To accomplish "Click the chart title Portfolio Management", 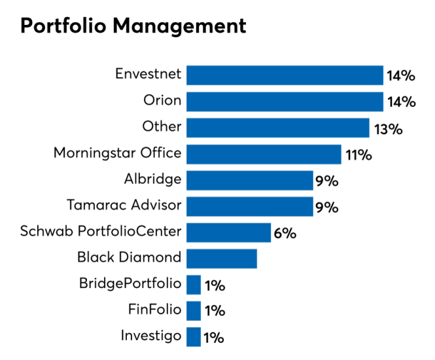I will pyautogui.click(x=133, y=26).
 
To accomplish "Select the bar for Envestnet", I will pyautogui.click(x=285, y=75).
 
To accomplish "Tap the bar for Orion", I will pyautogui.click(x=285, y=101).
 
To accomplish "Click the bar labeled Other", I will pyautogui.click(x=278, y=128).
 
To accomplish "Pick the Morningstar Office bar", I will pyautogui.click(x=264, y=154).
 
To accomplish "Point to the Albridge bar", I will pyautogui.click(x=250, y=180).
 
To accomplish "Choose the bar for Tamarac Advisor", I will pyautogui.click(x=250, y=206).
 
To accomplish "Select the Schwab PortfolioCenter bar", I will pyautogui.click(x=228, y=232).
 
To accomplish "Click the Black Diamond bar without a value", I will pyautogui.click(x=222, y=259).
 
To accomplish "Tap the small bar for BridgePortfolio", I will pyautogui.click(x=194, y=285).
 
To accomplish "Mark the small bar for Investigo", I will pyautogui.click(x=194, y=336).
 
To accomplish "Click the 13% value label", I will pyautogui.click(x=388, y=129).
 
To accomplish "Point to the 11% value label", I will pyautogui.click(x=359, y=155).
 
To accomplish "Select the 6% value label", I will pyautogui.click(x=285, y=234).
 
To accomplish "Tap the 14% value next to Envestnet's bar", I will pyautogui.click(x=401, y=76).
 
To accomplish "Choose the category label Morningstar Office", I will pyautogui.click(x=117, y=153).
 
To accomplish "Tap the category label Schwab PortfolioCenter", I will pyautogui.click(x=101, y=231).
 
